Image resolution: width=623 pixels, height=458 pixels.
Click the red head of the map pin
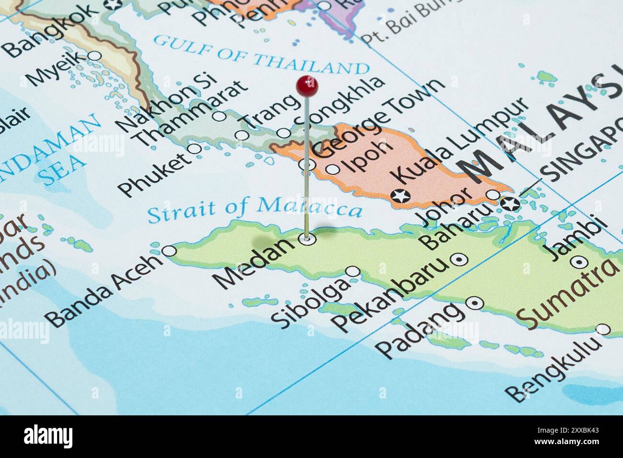[x=307, y=86]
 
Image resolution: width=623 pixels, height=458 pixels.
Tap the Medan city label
[x=254, y=263]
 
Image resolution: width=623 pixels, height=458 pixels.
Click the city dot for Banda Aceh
[x=169, y=251]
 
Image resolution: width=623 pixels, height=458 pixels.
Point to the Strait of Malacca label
[x=254, y=208]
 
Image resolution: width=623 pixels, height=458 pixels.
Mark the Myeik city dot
[x=95, y=56]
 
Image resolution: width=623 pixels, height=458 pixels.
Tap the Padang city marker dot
[x=475, y=303]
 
